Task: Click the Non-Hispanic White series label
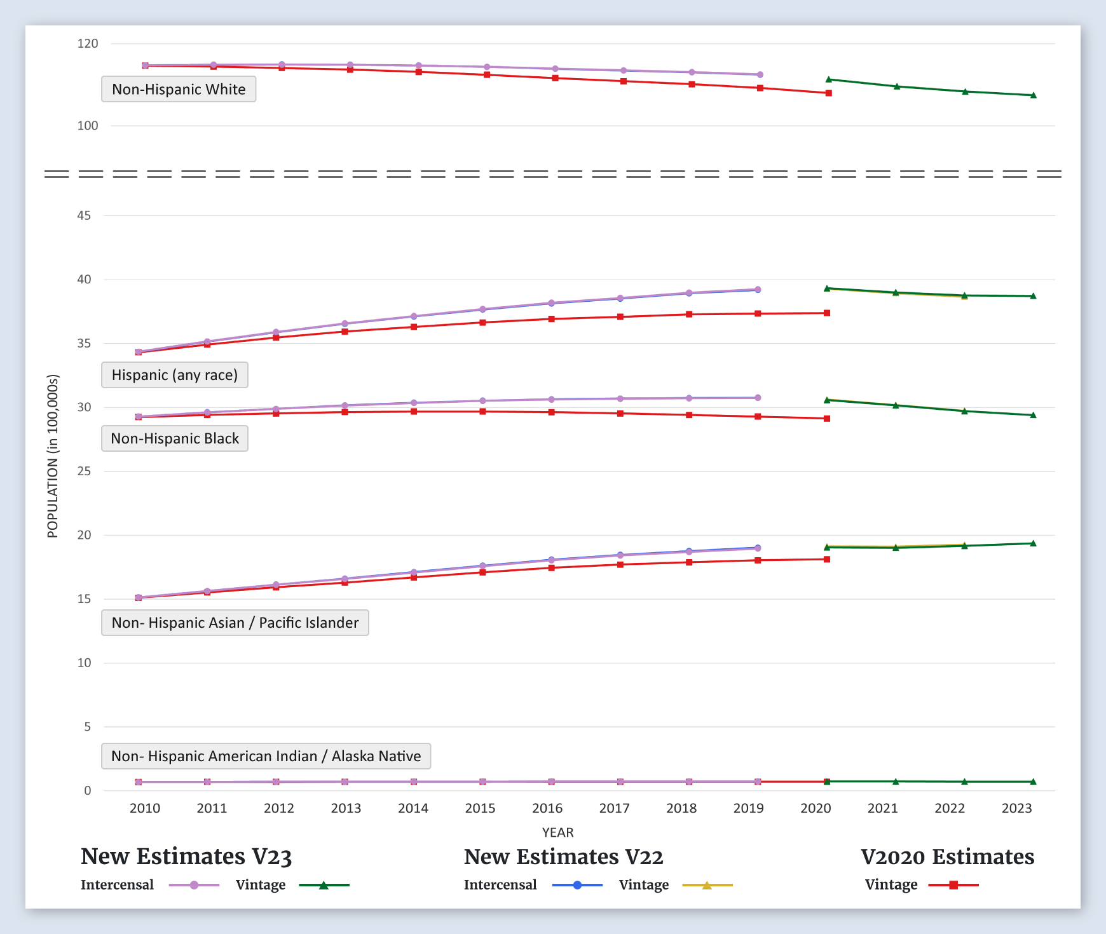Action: click(179, 90)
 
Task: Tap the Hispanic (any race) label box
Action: click(175, 375)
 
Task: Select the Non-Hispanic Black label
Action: click(175, 438)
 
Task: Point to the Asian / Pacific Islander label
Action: click(235, 623)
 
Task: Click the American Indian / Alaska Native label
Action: click(266, 756)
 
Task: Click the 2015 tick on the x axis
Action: click(480, 808)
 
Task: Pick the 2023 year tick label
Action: click(1016, 808)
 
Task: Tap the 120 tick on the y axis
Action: click(88, 44)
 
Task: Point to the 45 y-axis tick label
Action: click(84, 215)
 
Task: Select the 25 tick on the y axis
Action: click(84, 471)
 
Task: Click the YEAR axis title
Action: click(557, 832)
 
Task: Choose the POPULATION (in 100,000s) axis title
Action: click(53, 456)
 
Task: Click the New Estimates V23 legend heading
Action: click(186, 856)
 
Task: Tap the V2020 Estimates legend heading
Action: click(947, 856)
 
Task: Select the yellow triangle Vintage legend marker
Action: click(707, 885)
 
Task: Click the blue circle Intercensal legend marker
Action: click(577, 885)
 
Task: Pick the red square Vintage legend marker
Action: click(953, 885)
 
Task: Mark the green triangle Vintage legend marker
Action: click(324, 885)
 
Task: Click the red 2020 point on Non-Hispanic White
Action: click(828, 93)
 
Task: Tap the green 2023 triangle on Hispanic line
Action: click(1033, 296)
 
